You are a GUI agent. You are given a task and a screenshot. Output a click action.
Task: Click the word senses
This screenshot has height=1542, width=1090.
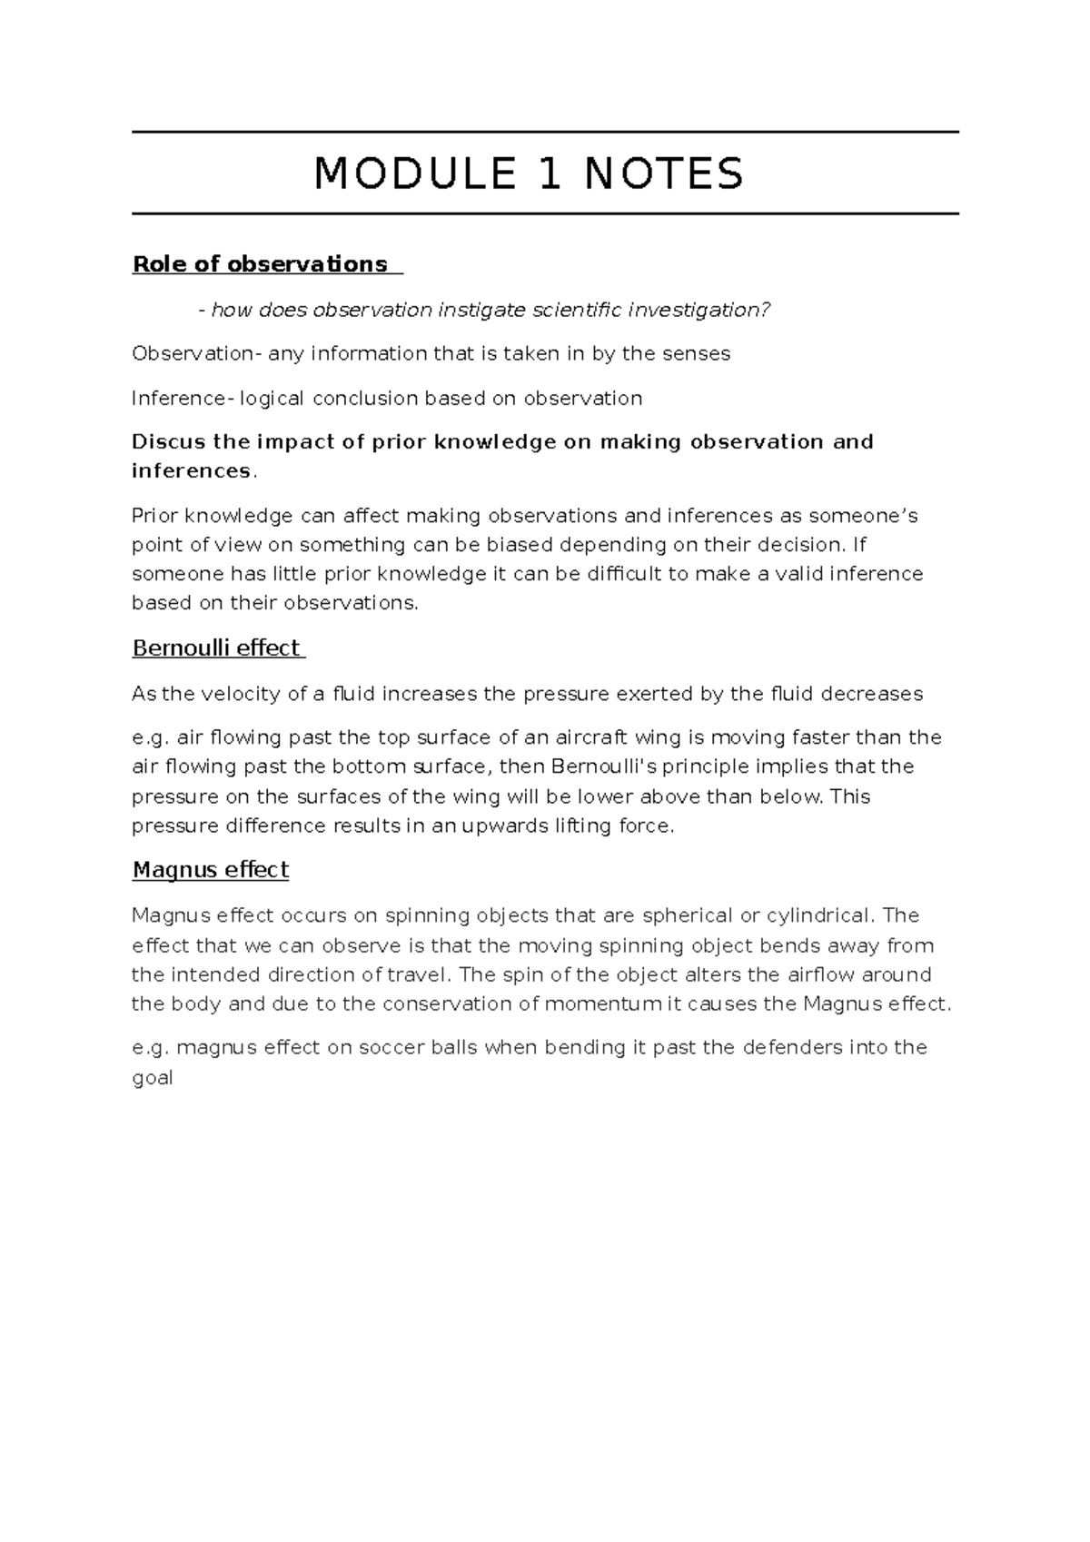coord(700,353)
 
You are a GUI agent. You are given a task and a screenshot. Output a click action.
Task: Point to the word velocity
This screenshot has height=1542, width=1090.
coord(245,694)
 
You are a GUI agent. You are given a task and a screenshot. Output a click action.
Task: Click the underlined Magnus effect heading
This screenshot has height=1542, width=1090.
coord(211,870)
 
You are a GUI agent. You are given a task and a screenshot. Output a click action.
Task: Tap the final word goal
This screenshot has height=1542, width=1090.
coord(152,1079)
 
